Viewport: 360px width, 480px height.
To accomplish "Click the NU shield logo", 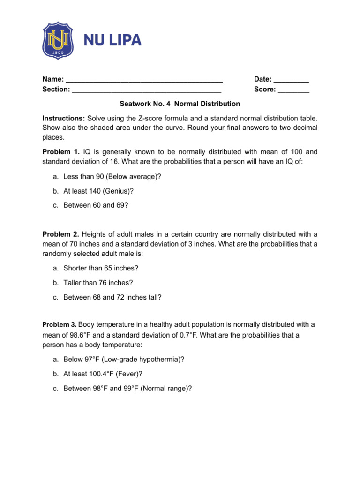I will click(x=58, y=40).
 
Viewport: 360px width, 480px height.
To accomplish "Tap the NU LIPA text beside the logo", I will click(x=112, y=41).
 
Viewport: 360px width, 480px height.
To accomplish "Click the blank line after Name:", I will click(x=144, y=79).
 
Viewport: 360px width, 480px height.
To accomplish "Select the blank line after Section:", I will click(x=147, y=89).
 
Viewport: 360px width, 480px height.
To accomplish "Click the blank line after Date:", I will click(x=291, y=79).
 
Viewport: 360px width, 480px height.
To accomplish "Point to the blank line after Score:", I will click(x=293, y=89).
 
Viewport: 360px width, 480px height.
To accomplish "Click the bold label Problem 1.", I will click(x=61, y=152).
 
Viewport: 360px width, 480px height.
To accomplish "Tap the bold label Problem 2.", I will click(x=61, y=234).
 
